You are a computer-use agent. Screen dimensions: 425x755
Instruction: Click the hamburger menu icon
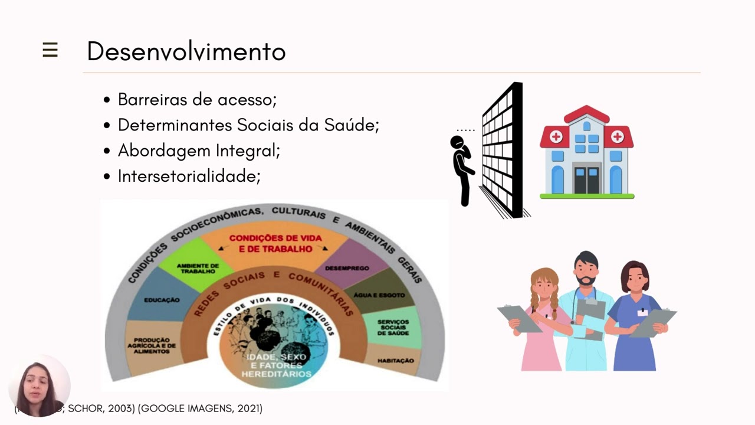pos(50,50)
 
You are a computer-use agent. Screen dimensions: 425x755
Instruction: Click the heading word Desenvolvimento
pos(186,52)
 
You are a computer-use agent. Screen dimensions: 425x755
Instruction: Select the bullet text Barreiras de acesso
pos(197,99)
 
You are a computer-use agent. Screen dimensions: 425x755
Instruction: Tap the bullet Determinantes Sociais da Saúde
pos(248,125)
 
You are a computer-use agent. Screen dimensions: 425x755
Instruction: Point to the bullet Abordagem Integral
pos(199,151)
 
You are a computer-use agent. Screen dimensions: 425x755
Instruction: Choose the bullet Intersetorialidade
pos(189,176)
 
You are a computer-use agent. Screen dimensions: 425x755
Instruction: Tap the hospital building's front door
pos(586,180)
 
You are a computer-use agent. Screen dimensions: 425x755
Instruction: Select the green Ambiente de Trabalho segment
pos(198,269)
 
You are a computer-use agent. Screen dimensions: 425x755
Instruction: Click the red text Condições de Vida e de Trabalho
pos(275,243)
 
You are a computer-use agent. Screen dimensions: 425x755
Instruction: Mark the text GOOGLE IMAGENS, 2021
pos(200,408)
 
